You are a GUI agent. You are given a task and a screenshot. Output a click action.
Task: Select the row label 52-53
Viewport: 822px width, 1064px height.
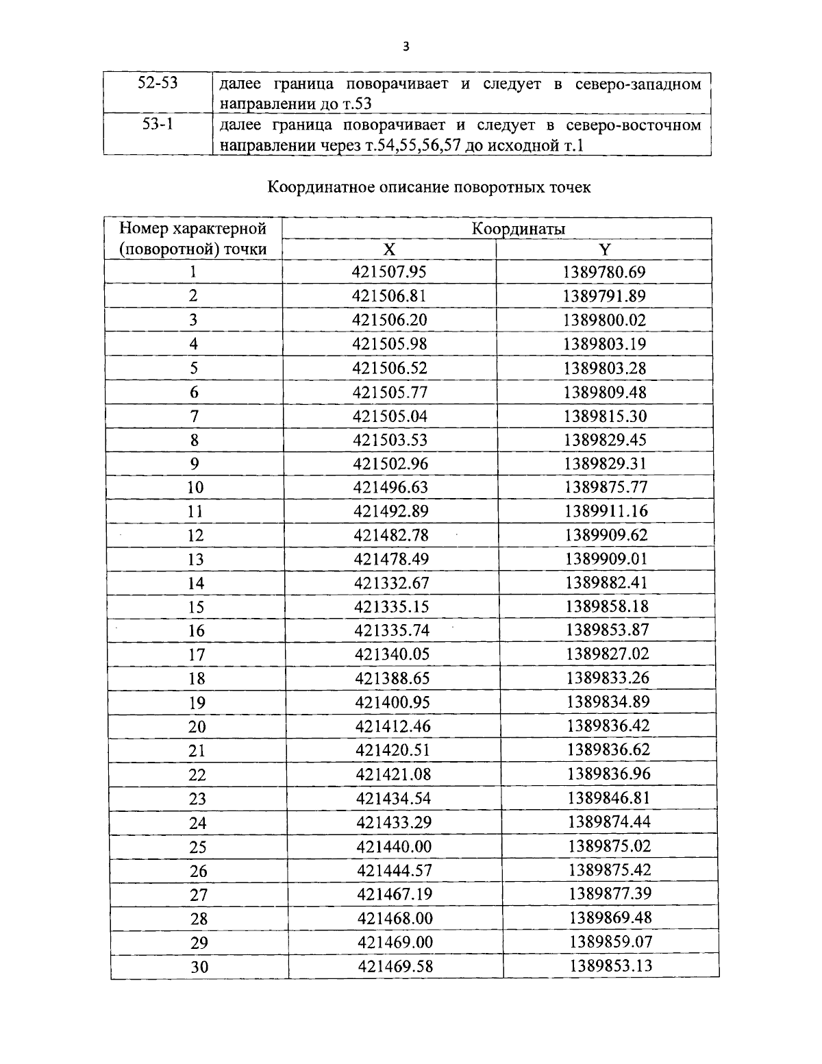tap(158, 84)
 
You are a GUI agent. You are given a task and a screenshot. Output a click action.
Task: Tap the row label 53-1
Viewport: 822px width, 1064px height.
tap(158, 125)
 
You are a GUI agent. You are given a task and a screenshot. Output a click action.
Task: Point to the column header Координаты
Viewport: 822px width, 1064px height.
tap(518, 229)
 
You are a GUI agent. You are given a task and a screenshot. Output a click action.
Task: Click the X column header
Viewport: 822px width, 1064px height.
tap(388, 249)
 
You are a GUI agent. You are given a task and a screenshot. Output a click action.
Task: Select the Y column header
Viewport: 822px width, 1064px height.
tap(604, 249)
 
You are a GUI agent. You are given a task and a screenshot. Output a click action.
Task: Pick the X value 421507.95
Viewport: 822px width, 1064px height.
tap(389, 272)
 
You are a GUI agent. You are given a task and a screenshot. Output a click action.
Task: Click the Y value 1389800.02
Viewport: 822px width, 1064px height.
tap(604, 320)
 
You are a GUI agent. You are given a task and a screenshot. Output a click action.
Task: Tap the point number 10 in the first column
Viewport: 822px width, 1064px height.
tap(195, 488)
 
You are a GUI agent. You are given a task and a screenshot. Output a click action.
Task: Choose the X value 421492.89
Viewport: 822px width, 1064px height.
tap(390, 511)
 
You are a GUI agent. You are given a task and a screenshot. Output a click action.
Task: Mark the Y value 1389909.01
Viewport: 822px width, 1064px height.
tap(606, 558)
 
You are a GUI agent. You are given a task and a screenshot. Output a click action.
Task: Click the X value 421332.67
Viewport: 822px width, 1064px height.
tap(391, 582)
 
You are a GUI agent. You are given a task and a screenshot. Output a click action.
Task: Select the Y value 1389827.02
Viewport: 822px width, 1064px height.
tap(607, 654)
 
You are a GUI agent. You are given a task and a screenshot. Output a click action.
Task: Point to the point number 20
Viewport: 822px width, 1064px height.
tap(197, 727)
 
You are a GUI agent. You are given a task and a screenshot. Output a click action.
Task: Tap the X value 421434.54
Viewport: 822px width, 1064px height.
tap(393, 798)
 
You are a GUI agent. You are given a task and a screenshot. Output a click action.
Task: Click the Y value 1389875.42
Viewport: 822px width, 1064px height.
tap(609, 870)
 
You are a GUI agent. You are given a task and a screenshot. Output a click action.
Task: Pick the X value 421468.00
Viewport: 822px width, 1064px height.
tap(395, 918)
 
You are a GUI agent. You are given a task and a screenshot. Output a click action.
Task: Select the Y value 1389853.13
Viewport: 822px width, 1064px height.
tap(610, 966)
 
